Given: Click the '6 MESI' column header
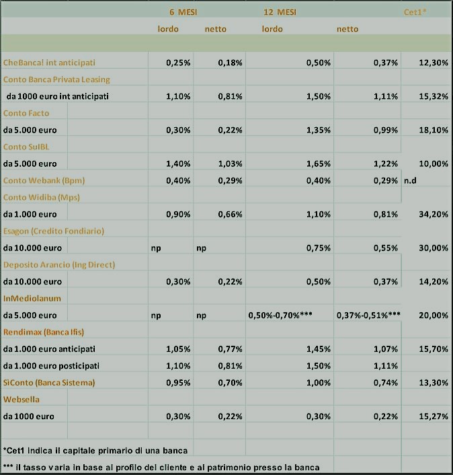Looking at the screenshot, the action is [183, 12].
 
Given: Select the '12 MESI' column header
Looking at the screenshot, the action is [280, 12].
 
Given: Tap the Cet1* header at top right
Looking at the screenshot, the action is [415, 12].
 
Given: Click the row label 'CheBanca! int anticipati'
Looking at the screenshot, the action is [49, 63].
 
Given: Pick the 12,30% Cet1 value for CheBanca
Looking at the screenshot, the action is [434, 63].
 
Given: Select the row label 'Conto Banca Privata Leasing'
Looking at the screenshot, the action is [56, 79].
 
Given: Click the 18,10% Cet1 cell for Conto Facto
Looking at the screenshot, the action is [434, 130].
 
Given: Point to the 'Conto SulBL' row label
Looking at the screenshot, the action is [26, 147].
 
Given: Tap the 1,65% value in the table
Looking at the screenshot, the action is [319, 163].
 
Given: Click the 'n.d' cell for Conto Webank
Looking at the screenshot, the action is [410, 180].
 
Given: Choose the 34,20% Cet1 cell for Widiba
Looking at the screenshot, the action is [434, 214].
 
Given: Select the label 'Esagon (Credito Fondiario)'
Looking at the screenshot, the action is [54, 231].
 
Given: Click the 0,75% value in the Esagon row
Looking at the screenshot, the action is [319, 248].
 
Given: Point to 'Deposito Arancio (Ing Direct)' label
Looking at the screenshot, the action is [59, 265].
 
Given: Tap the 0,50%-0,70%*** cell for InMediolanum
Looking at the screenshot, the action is [280, 316].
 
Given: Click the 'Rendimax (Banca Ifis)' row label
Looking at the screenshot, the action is [44, 332].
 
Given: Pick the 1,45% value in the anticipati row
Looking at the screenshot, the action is [319, 349].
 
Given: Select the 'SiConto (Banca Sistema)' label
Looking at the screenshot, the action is [49, 383].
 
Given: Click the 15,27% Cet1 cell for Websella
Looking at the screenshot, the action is [434, 416].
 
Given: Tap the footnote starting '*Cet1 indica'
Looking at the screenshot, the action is [95, 451].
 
